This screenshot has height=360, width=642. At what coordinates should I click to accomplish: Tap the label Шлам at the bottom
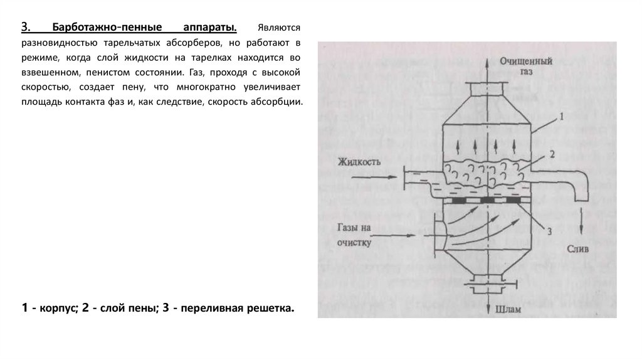(508, 309)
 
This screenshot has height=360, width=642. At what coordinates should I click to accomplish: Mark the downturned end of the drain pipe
(581, 191)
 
